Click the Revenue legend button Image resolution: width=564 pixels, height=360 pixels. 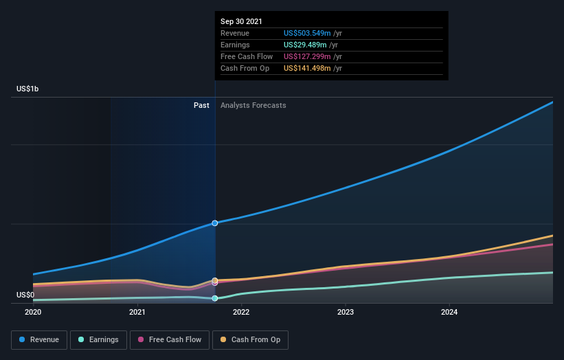point(39,339)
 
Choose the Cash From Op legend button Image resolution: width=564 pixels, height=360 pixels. point(250,339)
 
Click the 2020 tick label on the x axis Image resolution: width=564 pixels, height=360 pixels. point(33,312)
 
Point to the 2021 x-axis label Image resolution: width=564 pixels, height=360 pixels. point(137,312)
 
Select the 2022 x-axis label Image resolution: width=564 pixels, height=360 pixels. point(241,312)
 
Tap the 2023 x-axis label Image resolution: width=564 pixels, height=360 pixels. point(345,312)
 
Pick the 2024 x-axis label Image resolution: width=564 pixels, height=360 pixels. point(449,312)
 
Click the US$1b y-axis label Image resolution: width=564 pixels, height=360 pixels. point(28,89)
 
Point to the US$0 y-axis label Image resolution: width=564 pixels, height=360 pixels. point(25,295)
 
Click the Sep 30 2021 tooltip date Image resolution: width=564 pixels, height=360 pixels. point(241,22)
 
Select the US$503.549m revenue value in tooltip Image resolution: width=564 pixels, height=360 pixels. point(308,33)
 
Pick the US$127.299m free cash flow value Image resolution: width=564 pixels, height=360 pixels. point(308,56)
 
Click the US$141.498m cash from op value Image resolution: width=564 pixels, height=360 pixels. point(308,68)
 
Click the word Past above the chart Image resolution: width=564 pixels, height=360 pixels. point(201,105)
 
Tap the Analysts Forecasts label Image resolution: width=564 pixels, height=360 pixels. point(253,105)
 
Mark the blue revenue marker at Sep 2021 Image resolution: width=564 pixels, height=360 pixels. point(215,223)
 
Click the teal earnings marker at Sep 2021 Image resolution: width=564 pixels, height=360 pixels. point(215,298)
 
